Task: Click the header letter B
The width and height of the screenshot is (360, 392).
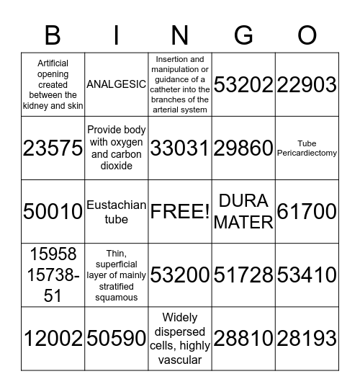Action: pos(53,35)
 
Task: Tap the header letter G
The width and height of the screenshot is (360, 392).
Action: pos(244,35)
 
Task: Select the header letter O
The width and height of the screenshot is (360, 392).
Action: pos(307,35)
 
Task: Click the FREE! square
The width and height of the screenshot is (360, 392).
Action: pos(180,211)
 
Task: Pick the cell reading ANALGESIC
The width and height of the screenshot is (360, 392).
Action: pos(117,84)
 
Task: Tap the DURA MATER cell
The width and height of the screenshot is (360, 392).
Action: pos(244,211)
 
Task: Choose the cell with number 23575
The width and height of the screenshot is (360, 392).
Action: pos(53,148)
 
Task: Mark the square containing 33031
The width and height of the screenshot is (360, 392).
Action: pos(180,148)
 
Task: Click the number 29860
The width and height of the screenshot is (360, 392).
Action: pos(244,148)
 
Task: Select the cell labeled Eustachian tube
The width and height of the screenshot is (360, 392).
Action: pos(117,211)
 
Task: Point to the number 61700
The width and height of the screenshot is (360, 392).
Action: pos(307,211)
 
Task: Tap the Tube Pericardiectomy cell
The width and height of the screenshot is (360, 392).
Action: pos(307,148)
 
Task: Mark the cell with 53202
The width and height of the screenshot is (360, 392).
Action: pos(244,84)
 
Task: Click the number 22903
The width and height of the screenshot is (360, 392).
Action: pos(307,84)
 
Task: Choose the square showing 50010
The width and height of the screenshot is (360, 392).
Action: pos(53,211)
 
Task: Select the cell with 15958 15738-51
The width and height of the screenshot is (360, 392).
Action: pos(53,275)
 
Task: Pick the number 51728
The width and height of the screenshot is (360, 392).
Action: pos(244,275)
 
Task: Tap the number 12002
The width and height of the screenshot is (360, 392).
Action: pos(53,338)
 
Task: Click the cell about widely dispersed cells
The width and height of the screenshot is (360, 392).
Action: pos(180,338)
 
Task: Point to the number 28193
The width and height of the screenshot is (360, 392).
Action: pos(307,338)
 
